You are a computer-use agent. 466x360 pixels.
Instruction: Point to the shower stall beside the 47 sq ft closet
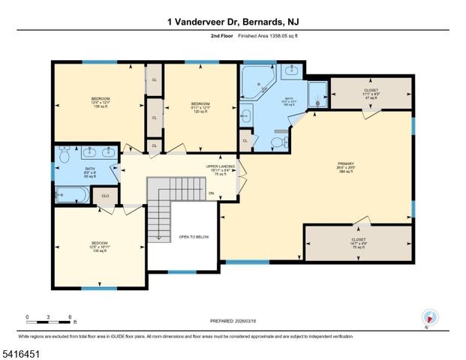318,93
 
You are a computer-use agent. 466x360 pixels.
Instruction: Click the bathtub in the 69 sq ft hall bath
71,194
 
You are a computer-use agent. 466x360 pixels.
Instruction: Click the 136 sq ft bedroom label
101,103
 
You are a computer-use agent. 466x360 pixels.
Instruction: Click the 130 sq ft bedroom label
100,247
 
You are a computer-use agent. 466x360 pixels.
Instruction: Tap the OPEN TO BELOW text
194,237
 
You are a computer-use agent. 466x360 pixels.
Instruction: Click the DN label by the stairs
212,193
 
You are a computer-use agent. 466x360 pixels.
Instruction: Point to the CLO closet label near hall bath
106,196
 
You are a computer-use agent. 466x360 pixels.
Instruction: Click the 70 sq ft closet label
358,242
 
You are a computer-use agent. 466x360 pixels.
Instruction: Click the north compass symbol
428,316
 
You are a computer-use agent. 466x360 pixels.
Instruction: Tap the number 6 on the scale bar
70,316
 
